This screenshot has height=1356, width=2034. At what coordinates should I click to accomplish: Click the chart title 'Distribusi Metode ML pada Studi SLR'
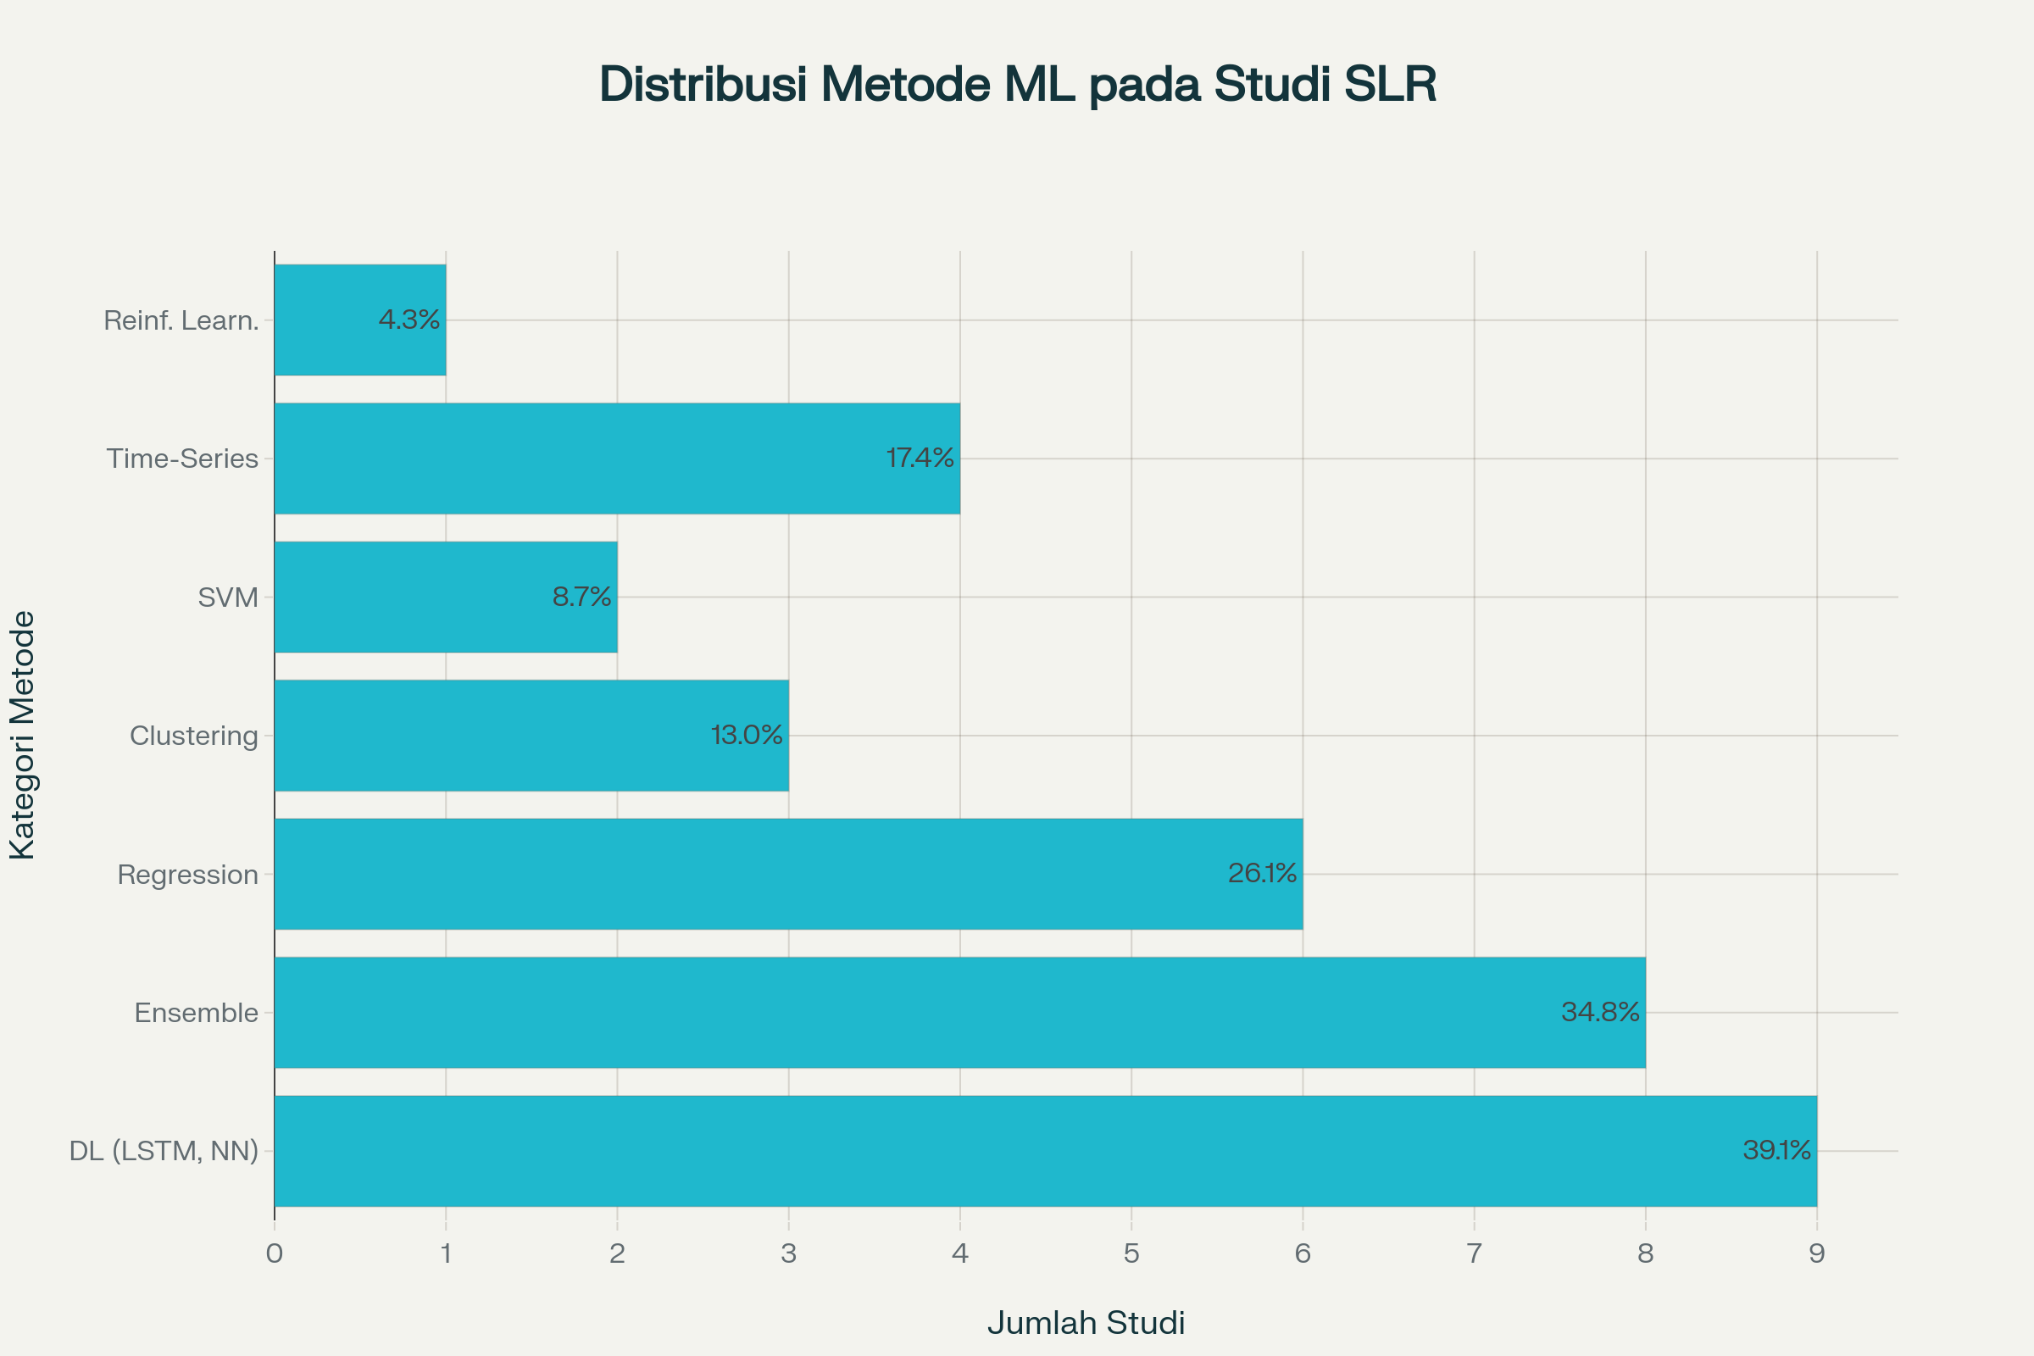(1017, 85)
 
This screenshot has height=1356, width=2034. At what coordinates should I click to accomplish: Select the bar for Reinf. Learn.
(359, 320)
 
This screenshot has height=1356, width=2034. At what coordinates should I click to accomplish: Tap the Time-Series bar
(617, 458)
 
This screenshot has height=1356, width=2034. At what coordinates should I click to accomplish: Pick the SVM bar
(446, 597)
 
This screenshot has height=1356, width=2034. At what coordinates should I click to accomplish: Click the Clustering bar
(531, 735)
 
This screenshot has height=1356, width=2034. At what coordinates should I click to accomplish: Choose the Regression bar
(788, 874)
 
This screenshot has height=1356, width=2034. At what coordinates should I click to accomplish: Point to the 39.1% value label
(1776, 1150)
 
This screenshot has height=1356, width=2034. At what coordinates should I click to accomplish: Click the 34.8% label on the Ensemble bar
(1600, 1012)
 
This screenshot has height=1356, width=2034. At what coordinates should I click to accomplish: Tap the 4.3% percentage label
(409, 320)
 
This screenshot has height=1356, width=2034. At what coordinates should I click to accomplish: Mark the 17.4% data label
(920, 458)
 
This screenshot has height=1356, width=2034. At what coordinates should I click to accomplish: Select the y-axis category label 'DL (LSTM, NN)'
(164, 1151)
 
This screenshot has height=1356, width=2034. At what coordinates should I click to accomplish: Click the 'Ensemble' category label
(197, 1013)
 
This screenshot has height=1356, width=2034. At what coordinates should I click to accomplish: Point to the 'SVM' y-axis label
(228, 597)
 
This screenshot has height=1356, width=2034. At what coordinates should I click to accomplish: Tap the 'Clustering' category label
(194, 736)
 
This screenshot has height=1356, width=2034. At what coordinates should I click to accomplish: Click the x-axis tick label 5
(1131, 1254)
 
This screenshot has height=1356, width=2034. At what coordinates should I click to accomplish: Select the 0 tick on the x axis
(274, 1254)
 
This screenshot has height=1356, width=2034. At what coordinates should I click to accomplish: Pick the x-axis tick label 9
(1816, 1254)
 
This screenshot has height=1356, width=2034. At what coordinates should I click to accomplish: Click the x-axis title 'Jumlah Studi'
(1086, 1323)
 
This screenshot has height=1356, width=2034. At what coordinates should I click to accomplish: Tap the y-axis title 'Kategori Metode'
(23, 735)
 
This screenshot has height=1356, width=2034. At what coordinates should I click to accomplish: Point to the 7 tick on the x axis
(1474, 1254)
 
